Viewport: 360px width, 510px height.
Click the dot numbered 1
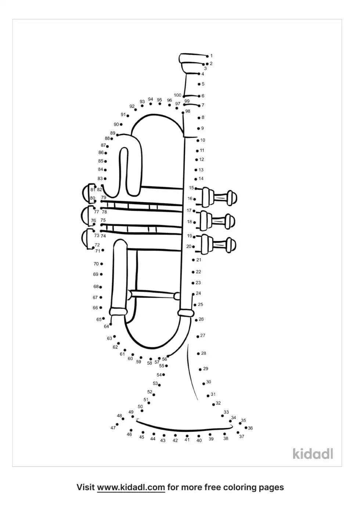pyautogui.click(x=207, y=56)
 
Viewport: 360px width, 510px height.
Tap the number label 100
pyautogui.click(x=177, y=95)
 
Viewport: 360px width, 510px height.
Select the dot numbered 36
pyautogui.click(x=246, y=428)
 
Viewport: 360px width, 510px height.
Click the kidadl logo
pyautogui.click(x=313, y=453)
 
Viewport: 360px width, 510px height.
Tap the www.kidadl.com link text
pyautogui.click(x=131, y=487)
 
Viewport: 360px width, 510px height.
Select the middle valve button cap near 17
pyautogui.click(x=231, y=221)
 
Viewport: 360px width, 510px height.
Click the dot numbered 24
pyautogui.click(x=193, y=294)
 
